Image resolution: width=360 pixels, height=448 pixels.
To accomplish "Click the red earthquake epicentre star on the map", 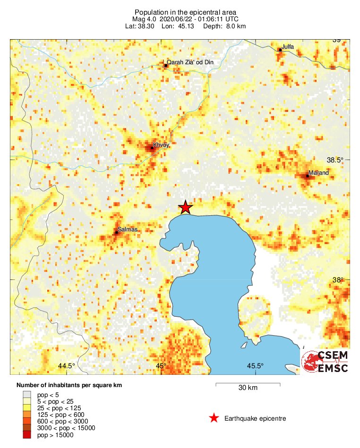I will pos(186,207).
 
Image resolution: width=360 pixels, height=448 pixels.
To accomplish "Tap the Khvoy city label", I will pos(161,145).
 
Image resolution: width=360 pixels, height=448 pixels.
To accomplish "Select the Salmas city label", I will pos(128,229).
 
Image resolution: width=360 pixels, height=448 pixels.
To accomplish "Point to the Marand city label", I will pos(318,173).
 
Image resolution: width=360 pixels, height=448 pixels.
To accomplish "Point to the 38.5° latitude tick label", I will pos(336,160).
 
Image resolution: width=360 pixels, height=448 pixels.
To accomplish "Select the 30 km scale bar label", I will pos(248,388).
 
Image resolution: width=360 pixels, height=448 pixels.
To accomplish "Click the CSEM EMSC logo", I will pos(325,362).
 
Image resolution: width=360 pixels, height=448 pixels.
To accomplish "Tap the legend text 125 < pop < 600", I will pos(60,414).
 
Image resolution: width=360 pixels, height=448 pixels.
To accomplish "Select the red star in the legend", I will pos(214,418).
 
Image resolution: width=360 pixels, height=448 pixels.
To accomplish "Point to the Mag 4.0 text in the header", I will pos(145,19).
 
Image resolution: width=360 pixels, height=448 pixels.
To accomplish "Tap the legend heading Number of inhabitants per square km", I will pos(69,385).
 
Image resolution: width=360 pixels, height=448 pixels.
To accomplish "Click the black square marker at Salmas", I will pos(116,232).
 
